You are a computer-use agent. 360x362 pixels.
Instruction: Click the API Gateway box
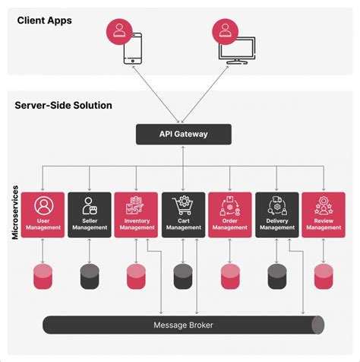[x=183, y=135]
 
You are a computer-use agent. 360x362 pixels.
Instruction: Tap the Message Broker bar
[x=183, y=325]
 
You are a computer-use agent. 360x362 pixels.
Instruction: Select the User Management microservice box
[x=43, y=214]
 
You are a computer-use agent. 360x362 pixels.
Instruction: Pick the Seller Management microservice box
[x=90, y=214]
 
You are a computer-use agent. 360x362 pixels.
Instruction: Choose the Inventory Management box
[x=137, y=214]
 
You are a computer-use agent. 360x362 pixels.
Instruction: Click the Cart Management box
[x=183, y=214]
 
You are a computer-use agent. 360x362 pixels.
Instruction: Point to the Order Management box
[x=230, y=214]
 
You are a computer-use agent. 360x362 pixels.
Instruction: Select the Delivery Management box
[x=277, y=214]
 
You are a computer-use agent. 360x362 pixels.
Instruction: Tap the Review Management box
[x=324, y=214]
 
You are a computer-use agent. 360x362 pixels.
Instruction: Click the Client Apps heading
[x=45, y=21]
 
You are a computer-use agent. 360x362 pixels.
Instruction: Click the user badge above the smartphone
[x=119, y=30]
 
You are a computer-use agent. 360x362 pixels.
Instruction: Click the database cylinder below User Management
[x=43, y=275]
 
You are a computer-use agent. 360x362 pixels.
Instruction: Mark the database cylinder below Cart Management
[x=183, y=275]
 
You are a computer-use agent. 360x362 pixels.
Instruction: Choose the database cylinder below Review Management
[x=324, y=275]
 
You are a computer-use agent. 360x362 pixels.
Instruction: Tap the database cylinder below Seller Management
[x=90, y=275]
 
